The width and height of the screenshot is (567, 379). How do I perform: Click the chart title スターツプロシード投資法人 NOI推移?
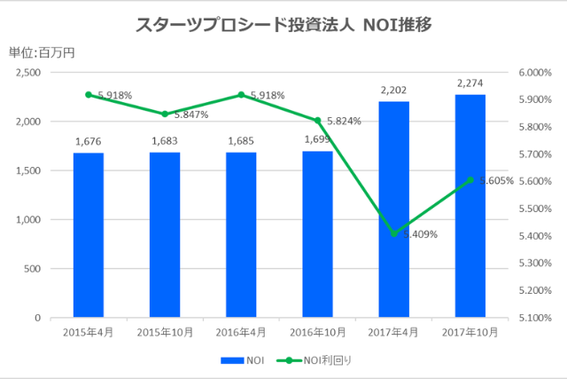click(x=283, y=25)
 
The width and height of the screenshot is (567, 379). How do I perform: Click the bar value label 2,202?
click(x=393, y=90)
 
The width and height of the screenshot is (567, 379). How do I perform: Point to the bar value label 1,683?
click(x=165, y=140)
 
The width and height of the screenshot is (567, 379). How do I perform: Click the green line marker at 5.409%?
click(x=394, y=233)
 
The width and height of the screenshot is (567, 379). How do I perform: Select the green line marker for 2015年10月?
click(x=165, y=114)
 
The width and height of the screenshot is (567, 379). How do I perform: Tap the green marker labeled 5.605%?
click(x=470, y=180)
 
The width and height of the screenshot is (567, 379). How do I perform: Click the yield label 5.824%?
click(x=344, y=121)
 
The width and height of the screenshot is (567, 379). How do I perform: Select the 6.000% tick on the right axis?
click(x=534, y=73)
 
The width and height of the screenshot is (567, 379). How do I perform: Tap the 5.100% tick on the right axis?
click(x=534, y=318)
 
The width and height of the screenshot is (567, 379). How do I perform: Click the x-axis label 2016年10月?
click(x=317, y=333)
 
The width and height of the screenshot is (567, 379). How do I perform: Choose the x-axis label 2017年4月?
click(x=394, y=333)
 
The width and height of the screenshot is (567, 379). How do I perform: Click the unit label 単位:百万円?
click(x=42, y=52)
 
